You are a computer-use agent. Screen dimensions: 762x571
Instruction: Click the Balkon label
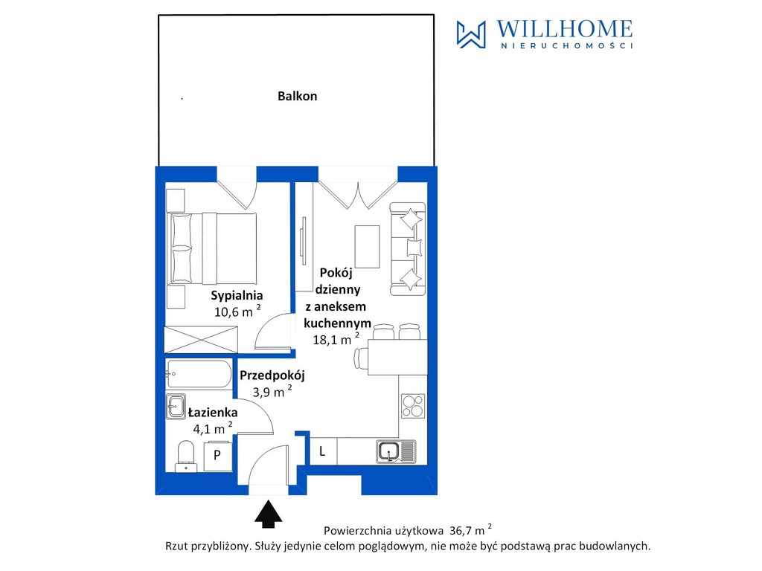pos(298,96)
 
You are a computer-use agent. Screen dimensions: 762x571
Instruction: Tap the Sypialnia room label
pos(237,295)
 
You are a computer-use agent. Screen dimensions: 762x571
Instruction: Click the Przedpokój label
pos(272,375)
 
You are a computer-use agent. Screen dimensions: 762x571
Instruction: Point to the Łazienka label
pos(212,412)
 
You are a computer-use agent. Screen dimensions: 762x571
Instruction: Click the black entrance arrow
pos(268,514)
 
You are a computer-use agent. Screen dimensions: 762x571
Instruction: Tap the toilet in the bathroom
pos(185,457)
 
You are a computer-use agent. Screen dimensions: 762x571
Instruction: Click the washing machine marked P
pos(217,456)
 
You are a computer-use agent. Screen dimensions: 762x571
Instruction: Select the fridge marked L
pos(323,451)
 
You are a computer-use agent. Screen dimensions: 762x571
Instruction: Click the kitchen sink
pos(396,451)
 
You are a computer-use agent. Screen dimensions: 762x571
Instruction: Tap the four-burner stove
pos(413,406)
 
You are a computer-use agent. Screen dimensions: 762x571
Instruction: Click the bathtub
pos(198,374)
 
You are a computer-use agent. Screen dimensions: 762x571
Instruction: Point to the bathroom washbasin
pos(176,407)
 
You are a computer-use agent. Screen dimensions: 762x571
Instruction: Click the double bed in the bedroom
pos(212,248)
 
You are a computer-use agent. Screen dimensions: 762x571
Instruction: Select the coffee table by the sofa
pos(367,246)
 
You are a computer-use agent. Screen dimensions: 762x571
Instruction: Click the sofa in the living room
pos(408,248)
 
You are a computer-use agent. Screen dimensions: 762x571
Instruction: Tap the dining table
pos(397,357)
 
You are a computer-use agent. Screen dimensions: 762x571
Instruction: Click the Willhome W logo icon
pos(471,34)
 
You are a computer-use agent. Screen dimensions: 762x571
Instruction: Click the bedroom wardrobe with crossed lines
pos(201,339)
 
